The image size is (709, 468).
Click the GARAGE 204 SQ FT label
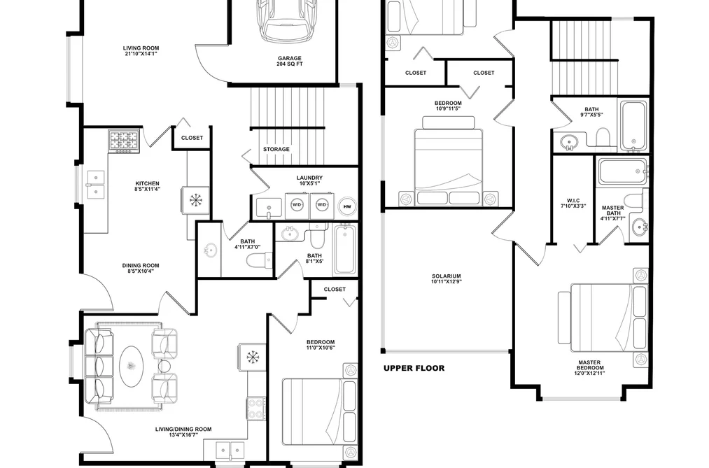click(289, 61)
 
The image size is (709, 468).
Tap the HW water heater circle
click(347, 206)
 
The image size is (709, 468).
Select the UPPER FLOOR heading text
click(414, 368)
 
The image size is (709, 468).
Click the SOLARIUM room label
click(447, 278)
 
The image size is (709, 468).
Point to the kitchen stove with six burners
click(123, 141)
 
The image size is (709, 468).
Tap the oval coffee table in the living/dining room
click(132, 365)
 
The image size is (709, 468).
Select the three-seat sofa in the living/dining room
click(99, 367)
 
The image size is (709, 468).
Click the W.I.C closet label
click(573, 204)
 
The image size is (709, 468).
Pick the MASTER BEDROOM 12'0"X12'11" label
click(589, 368)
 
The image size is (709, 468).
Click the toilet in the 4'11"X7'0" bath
click(259, 260)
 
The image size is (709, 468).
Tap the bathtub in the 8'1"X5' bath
click(345, 250)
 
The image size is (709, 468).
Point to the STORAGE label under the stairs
click(276, 149)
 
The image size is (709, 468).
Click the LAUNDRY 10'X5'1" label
click(309, 180)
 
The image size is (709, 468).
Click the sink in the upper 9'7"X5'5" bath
click(568, 143)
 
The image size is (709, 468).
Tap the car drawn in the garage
click(288, 20)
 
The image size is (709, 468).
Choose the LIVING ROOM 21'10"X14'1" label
click(141, 50)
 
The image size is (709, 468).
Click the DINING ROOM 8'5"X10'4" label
click(141, 269)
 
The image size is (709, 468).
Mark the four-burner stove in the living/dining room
click(256, 408)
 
